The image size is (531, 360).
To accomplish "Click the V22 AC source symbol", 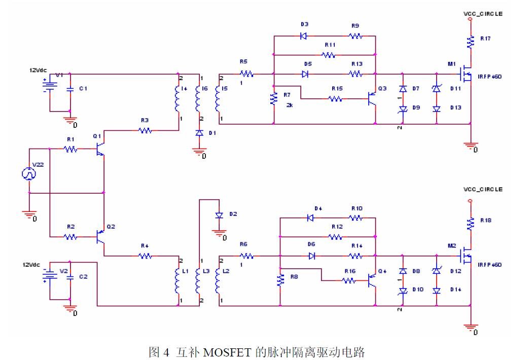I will [x=29, y=173].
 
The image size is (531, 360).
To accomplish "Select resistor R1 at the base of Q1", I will [x=70, y=149].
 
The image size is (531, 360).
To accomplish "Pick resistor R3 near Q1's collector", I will [x=146, y=130].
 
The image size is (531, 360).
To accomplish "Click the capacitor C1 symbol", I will [x=70, y=88].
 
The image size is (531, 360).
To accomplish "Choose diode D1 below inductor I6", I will [x=199, y=133].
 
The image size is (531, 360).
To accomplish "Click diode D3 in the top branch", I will [x=304, y=36].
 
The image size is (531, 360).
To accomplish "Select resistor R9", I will [x=355, y=36].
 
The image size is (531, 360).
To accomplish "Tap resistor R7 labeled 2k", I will [x=274, y=98].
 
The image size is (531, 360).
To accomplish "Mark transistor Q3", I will [x=372, y=98].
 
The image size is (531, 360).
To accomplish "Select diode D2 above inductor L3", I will [x=219, y=215].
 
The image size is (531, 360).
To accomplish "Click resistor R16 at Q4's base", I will [x=349, y=279].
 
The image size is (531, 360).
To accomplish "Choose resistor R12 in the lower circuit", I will [x=335, y=236].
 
